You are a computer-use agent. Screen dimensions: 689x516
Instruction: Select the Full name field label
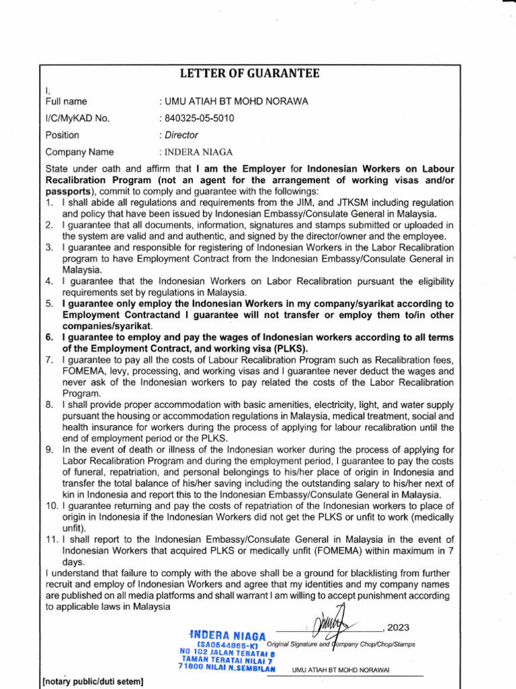point(66,102)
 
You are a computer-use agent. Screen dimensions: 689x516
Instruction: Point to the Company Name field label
point(79,152)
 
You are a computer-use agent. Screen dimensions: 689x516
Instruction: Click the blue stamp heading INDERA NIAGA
point(228,635)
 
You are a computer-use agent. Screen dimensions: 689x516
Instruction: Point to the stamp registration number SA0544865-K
point(228,645)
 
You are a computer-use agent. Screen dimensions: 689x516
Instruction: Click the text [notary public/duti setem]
point(93,682)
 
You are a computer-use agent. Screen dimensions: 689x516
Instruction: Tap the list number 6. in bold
point(50,337)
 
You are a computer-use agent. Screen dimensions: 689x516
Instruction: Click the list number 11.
point(52,539)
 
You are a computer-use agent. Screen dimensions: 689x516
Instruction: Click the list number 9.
point(50,449)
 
